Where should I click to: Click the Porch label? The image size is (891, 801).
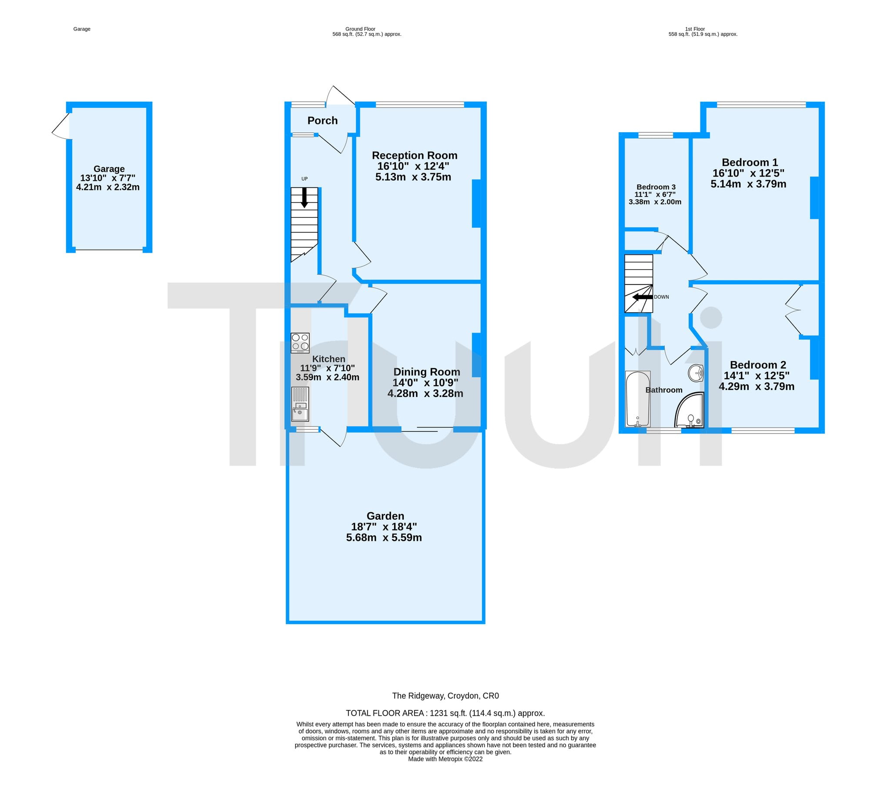click(322, 120)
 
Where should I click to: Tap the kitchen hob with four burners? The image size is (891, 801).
click(300, 343)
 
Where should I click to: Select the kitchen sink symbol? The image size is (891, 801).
click(300, 404)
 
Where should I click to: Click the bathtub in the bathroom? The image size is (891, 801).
click(637, 399)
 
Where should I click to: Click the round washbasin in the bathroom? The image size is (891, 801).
click(696, 373)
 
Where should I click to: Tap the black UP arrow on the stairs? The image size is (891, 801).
click(304, 197)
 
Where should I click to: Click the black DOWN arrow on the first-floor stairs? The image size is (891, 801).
click(643, 297)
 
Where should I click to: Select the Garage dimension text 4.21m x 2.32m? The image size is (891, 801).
click(108, 187)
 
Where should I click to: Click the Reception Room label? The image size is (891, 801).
click(415, 155)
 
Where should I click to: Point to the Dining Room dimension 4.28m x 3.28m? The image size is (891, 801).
click(425, 394)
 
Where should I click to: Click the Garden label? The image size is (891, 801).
click(385, 516)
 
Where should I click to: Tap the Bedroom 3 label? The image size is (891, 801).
click(656, 187)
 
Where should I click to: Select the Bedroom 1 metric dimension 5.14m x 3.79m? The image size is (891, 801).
click(748, 184)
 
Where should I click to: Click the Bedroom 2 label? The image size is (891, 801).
click(758, 365)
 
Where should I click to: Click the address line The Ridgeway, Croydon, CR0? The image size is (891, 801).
click(445, 696)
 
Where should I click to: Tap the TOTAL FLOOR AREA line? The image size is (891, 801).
click(445, 713)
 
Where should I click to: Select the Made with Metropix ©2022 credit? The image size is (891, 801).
click(445, 759)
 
